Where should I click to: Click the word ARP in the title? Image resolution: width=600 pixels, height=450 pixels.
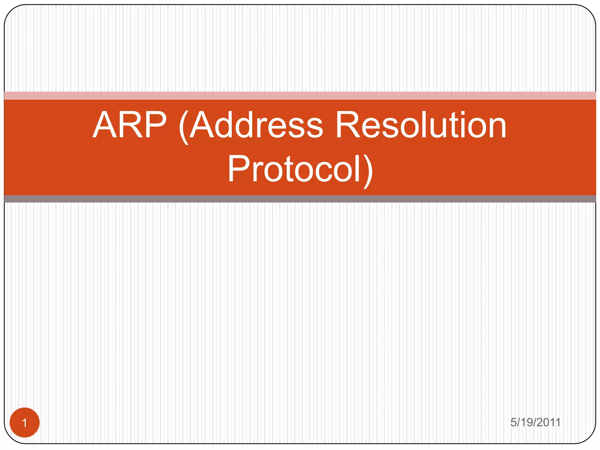(129, 125)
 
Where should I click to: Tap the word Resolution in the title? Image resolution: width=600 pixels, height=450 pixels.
(421, 125)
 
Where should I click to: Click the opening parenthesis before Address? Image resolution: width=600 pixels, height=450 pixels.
(183, 127)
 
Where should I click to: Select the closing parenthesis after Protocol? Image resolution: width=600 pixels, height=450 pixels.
(368, 171)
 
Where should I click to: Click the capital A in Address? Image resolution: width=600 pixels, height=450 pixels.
(202, 125)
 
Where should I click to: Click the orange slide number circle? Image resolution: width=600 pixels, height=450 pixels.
(25, 422)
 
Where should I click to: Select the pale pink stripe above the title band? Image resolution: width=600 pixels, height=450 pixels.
(300, 96)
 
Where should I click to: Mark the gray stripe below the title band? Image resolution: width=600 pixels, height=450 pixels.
(300, 199)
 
